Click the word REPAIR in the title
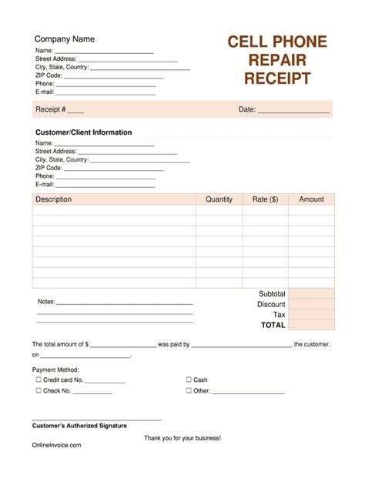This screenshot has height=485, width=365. click(277, 60)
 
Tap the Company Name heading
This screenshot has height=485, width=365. click(65, 39)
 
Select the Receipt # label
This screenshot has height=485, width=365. click(51, 109)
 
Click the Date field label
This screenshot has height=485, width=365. click(246, 109)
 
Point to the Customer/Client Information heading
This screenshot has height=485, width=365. click(83, 132)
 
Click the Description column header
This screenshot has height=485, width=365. click(53, 199)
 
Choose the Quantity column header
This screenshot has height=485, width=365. click(219, 199)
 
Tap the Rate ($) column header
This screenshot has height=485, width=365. click(265, 199)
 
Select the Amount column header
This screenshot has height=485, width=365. click(311, 199)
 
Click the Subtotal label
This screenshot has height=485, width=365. click(272, 294)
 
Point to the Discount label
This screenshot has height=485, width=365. click(271, 304)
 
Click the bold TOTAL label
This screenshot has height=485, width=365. click(273, 325)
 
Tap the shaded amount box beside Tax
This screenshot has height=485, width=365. click(311, 314)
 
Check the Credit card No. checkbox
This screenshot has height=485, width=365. click(39, 380)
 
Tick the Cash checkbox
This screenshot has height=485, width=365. click(189, 380)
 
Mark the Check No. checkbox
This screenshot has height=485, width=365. click(39, 390)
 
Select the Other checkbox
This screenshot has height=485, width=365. click(189, 390)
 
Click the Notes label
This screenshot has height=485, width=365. click(46, 302)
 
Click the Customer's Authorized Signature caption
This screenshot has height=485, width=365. click(79, 425)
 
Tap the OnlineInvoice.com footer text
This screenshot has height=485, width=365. click(56, 445)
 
